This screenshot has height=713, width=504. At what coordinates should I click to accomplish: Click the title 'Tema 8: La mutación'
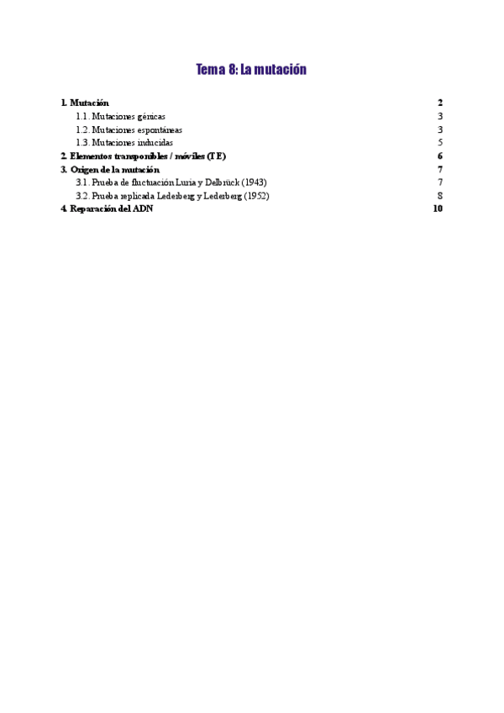[x=251, y=70]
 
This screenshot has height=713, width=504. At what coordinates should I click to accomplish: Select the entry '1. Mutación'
[x=85, y=103]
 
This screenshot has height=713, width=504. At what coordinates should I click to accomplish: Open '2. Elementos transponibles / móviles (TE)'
[x=144, y=156]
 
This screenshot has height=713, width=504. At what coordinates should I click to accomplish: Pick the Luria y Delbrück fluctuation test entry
[x=171, y=182]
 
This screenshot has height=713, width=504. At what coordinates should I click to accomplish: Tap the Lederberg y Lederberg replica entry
[x=172, y=196]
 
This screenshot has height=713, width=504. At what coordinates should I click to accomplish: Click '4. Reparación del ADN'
[x=107, y=209]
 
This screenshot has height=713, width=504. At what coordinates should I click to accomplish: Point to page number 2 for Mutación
[x=439, y=103]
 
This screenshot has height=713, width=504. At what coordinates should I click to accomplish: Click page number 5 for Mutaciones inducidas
[x=439, y=143]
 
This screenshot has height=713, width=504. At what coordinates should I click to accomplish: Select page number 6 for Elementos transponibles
[x=439, y=156]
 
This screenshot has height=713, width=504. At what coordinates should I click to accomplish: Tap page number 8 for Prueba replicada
[x=439, y=196]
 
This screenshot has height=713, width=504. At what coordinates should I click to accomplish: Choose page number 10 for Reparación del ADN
[x=437, y=209]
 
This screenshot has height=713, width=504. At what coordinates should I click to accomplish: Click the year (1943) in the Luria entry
[x=254, y=182]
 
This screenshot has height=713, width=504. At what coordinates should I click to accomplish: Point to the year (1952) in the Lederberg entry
[x=256, y=196]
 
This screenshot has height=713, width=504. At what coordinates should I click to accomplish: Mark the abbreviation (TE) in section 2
[x=216, y=156]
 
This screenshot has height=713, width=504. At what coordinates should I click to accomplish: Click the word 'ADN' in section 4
[x=144, y=209]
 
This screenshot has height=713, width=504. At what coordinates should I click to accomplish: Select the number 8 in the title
[x=231, y=70]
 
